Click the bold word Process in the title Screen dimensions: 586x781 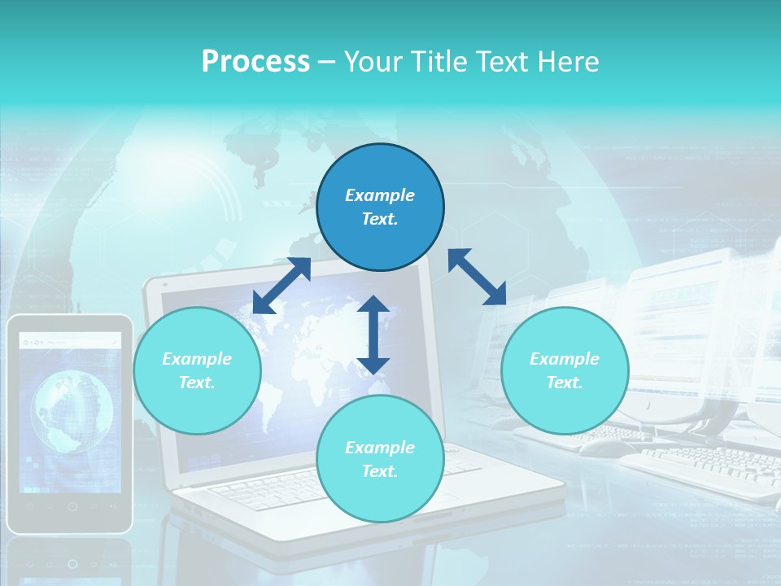pos(255,62)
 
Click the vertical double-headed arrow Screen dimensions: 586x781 pos(373,335)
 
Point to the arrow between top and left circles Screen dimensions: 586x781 pos(281,286)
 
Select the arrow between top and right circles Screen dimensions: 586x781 pos(477,277)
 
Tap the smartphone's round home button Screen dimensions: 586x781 pos(72,506)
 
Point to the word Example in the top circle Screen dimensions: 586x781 pos(380,195)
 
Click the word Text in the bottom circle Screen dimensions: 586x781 pos(380,471)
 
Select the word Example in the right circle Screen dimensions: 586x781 pos(565,359)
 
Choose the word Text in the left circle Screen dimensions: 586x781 pos(197,383)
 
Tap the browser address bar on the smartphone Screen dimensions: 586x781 pos(72,342)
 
